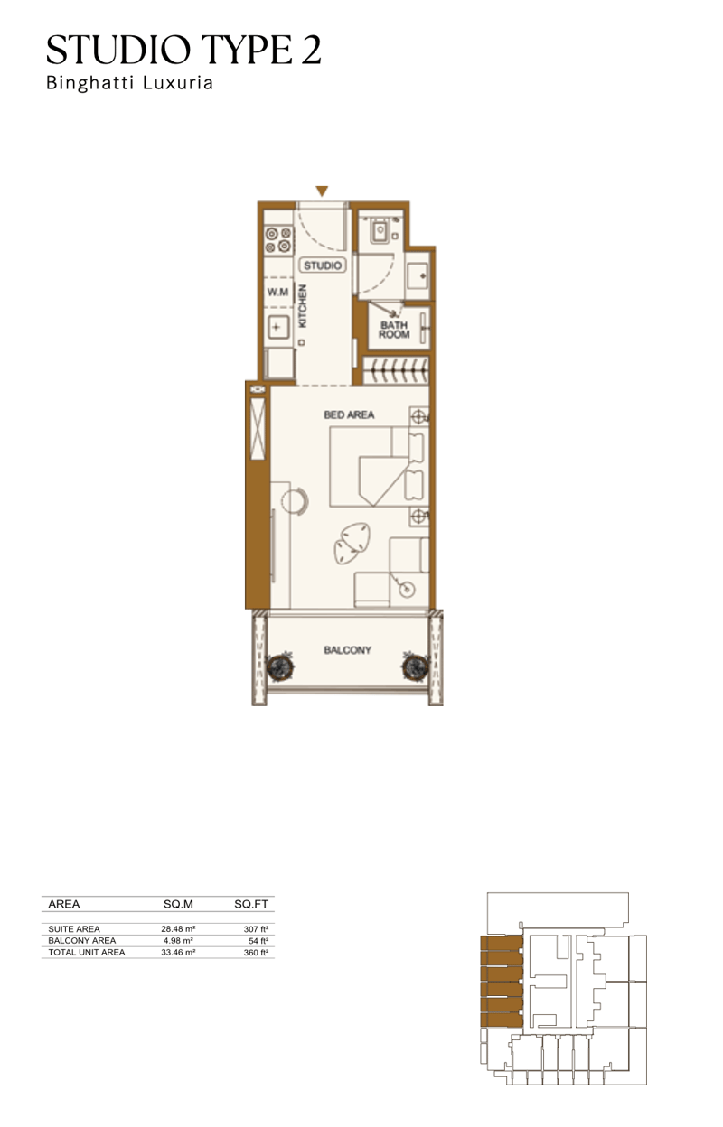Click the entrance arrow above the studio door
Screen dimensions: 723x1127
click(x=322, y=191)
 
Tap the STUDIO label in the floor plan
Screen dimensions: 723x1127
click(x=323, y=265)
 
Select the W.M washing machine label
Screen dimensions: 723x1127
click(x=277, y=292)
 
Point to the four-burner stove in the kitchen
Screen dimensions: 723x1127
click(x=279, y=239)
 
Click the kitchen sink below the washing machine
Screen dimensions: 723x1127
click(x=277, y=328)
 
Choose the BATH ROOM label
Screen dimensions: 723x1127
click(x=394, y=330)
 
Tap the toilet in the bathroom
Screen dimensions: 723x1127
click(x=379, y=231)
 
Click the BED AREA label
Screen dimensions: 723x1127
click(x=349, y=415)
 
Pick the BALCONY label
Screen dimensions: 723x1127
click(x=347, y=650)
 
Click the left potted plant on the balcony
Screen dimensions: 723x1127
click(x=279, y=667)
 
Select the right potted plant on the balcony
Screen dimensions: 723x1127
click(x=416, y=667)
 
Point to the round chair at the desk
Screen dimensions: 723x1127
click(x=295, y=501)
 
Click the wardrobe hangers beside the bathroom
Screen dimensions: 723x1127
click(x=396, y=371)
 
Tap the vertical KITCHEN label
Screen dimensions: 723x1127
click(x=303, y=306)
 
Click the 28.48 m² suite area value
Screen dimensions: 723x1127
click(x=178, y=928)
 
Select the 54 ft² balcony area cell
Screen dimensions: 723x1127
click(x=258, y=940)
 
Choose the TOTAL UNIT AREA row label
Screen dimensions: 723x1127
click(x=87, y=952)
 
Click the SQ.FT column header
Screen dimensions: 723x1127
click(x=250, y=904)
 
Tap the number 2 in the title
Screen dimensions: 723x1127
click(x=311, y=51)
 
